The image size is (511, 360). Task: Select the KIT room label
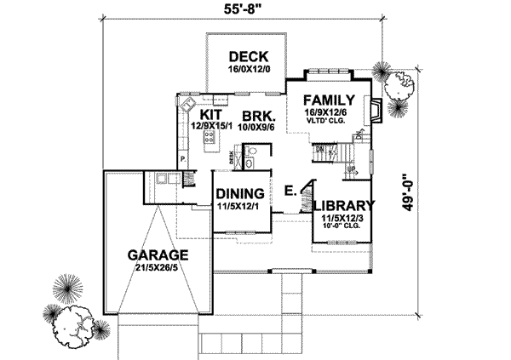[x=211, y=114]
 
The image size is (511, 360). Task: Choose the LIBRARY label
[x=342, y=206]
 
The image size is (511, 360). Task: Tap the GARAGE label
[x=158, y=254]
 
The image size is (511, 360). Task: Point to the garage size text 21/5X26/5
[x=158, y=267]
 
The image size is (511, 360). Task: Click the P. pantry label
[x=182, y=159]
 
